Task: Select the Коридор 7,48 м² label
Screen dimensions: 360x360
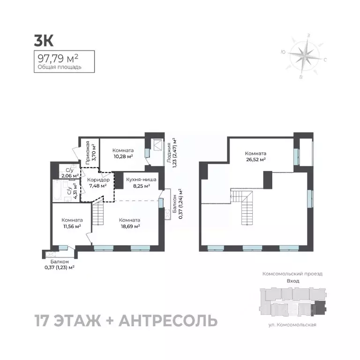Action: [x=98, y=182]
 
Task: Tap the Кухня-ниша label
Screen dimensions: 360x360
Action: [x=141, y=180]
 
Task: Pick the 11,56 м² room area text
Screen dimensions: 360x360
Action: [x=72, y=226]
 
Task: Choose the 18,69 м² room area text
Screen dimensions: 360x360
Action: [x=130, y=226]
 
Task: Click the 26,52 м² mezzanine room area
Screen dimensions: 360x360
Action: [x=255, y=159]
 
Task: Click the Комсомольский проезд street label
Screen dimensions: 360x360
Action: [x=292, y=273]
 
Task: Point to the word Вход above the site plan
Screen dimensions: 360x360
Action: [x=292, y=281]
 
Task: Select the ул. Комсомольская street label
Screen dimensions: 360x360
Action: [x=292, y=324]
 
